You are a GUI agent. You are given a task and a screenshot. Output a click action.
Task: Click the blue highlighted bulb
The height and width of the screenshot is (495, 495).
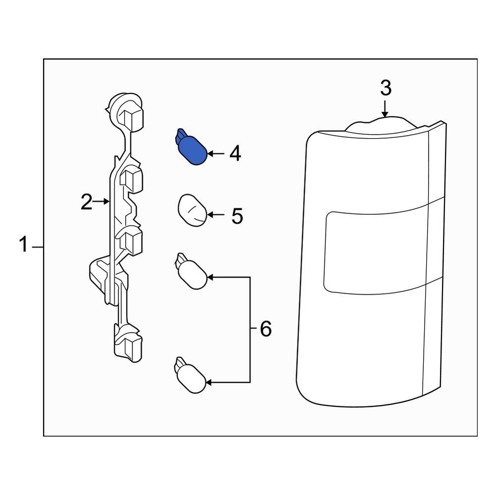point(191,147)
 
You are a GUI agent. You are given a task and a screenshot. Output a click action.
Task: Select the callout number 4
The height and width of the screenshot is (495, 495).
point(235,154)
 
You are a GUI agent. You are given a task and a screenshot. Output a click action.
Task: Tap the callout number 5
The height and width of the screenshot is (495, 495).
point(237,216)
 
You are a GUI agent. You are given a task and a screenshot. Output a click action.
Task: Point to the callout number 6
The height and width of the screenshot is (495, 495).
point(265,329)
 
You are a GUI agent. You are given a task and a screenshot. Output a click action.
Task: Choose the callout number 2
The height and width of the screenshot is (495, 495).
point(87,202)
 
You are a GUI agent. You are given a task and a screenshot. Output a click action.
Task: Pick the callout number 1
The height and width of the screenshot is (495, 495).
point(24,245)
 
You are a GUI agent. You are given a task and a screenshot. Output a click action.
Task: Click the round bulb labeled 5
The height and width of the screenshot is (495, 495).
point(193,210)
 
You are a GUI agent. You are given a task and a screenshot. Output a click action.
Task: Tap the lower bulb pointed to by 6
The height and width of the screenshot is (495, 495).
point(191,375)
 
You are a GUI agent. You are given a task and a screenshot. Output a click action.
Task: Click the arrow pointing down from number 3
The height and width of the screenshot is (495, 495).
point(385,109)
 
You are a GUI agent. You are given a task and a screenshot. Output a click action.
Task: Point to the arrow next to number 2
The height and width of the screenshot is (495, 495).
point(101,201)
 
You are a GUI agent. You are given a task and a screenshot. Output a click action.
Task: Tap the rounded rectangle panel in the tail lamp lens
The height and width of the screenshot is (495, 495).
point(376,252)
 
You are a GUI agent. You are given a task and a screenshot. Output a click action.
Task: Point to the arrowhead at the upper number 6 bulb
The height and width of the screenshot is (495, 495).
point(210,277)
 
